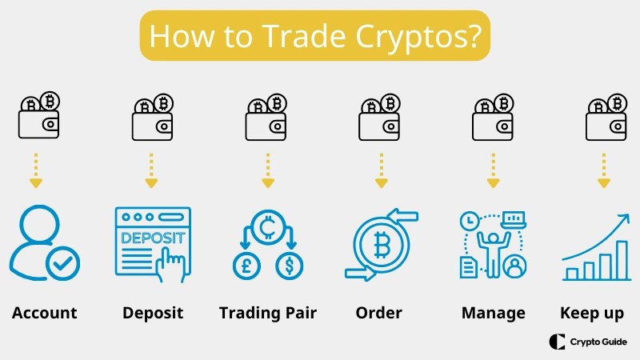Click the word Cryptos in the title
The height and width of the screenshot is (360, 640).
423,37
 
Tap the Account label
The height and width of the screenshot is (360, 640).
45,313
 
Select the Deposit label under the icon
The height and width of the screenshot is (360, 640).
153,313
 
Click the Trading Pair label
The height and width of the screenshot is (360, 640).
268,313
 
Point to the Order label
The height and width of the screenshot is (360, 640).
378,313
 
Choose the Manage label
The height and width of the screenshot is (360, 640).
494,313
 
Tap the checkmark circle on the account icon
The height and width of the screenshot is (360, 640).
62,263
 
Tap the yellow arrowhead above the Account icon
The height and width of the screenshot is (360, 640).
35,183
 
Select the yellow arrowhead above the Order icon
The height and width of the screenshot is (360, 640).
380,183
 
